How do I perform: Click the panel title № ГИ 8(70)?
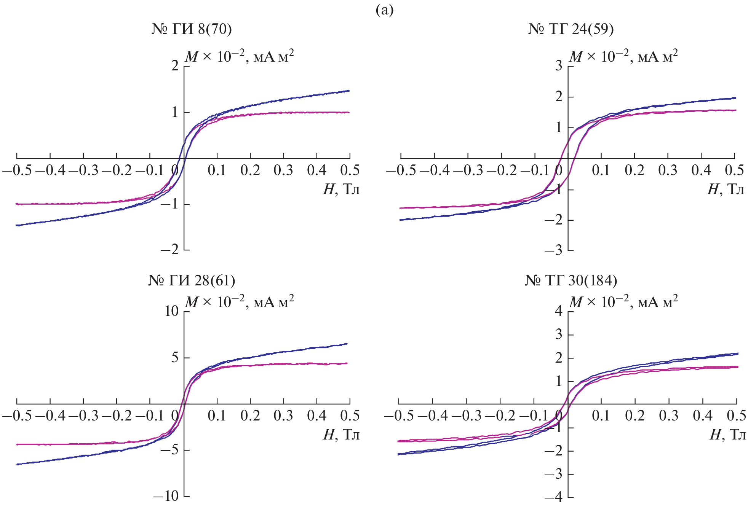(x=192, y=29)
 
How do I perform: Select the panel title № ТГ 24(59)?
(x=571, y=29)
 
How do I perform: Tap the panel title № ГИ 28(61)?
(x=192, y=280)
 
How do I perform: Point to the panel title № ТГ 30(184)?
(x=571, y=280)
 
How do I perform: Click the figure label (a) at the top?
(x=384, y=10)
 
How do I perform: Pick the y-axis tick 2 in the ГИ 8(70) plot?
(x=175, y=66)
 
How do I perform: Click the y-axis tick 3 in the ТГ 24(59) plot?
(x=559, y=66)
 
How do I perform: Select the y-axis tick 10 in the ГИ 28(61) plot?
(x=171, y=312)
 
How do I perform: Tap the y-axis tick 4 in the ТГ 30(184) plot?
(x=559, y=312)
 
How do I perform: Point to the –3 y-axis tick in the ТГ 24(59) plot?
(x=553, y=250)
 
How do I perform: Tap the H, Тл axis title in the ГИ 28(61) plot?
(x=341, y=434)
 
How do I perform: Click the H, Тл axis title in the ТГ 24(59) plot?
(x=726, y=189)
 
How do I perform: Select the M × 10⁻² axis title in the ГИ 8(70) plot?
(x=239, y=57)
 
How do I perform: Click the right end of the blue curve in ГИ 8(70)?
(x=349, y=91)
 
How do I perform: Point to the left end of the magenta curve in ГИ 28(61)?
(x=17, y=444)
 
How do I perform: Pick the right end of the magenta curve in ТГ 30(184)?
(x=738, y=367)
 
